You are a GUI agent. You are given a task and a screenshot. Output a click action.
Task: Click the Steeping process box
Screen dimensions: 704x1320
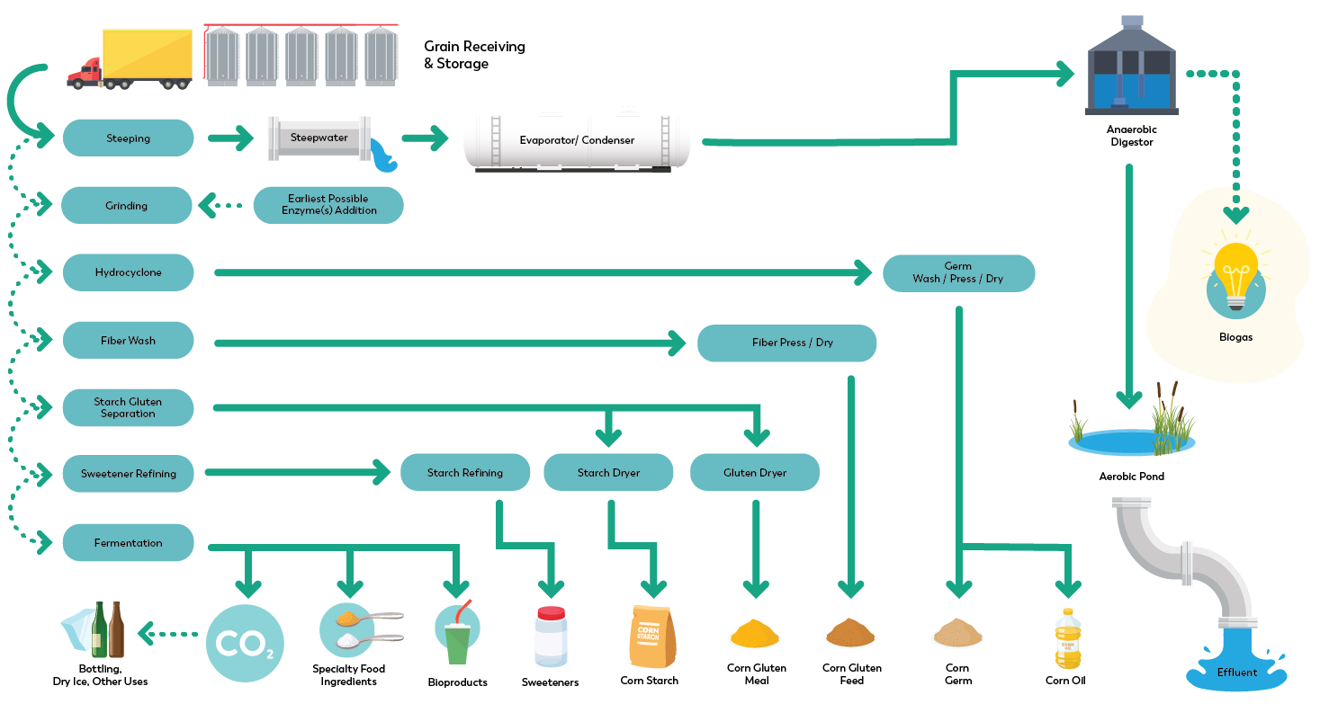pos(128,138)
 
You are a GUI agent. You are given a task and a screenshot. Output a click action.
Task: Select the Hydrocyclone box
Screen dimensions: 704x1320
pos(128,272)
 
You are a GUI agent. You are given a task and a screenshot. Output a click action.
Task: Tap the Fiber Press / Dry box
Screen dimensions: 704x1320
pos(786,343)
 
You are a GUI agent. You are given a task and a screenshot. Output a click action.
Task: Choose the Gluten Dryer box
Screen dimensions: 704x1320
pos(754,472)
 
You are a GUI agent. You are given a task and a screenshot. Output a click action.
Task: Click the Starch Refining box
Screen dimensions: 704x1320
pos(464,472)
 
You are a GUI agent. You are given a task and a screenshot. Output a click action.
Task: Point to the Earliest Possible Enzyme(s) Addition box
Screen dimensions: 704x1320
pos(328,205)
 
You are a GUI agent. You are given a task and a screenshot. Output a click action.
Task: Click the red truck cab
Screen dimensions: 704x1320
pos(85,73)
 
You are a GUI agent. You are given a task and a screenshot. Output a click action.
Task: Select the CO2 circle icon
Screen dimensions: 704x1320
pos(245,642)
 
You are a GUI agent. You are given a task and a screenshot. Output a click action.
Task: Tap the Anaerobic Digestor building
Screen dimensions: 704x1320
pos(1131,72)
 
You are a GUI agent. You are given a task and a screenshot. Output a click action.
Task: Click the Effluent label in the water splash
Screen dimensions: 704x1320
pos(1237,672)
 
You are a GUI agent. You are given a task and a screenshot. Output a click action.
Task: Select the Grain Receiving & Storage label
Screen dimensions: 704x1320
pos(474,55)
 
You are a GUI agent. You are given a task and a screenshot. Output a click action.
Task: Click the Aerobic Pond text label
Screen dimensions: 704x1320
pos(1131,477)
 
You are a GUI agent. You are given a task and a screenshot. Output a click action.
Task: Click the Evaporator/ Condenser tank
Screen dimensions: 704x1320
pos(577,141)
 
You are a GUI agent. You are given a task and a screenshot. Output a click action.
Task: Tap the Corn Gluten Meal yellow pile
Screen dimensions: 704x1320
pos(754,635)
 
